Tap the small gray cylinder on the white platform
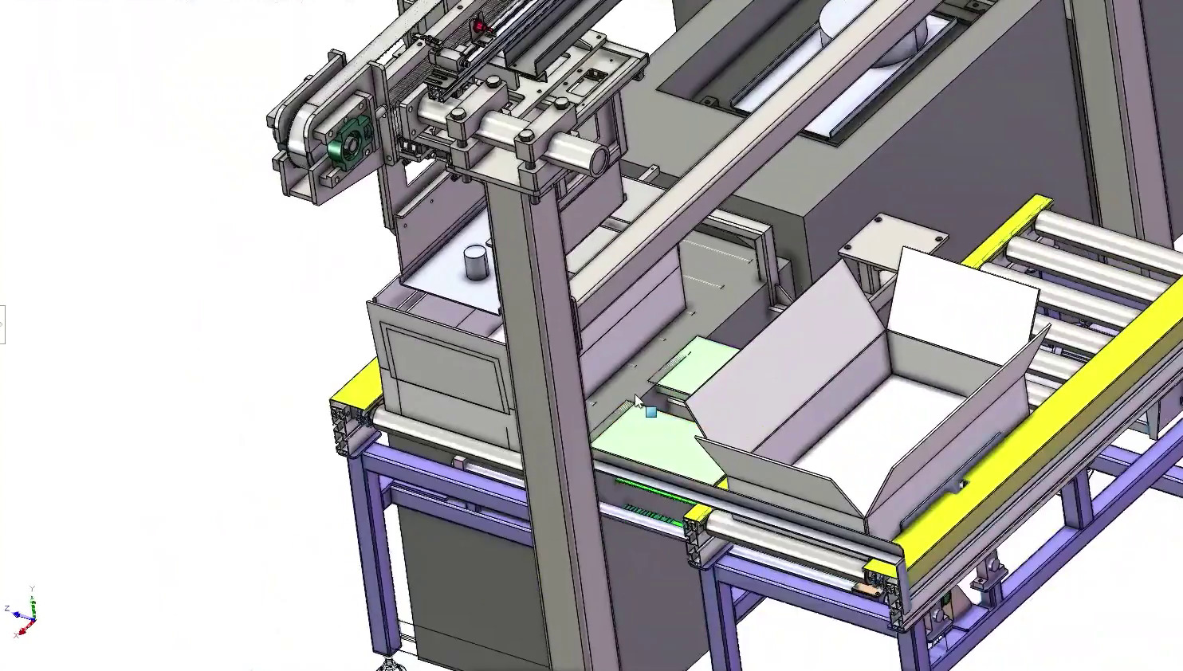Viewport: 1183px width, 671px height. coord(475,262)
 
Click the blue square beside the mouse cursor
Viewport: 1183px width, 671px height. coord(651,412)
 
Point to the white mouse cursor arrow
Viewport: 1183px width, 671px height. coord(639,401)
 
